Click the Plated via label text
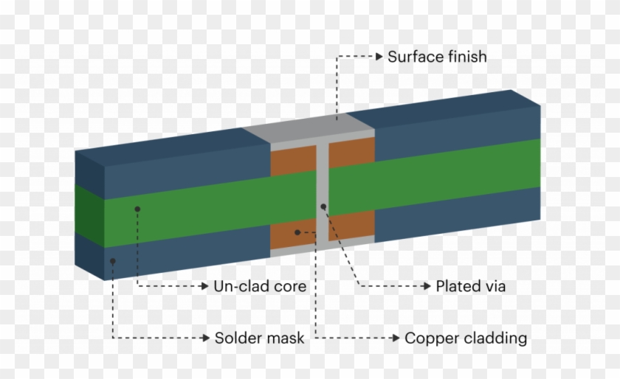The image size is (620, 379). [471, 286]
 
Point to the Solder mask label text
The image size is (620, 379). [259, 338]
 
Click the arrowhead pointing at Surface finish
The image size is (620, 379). [379, 57]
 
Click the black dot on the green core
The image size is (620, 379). [137, 210]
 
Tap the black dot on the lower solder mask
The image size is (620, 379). [112, 260]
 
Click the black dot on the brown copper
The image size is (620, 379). [297, 232]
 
